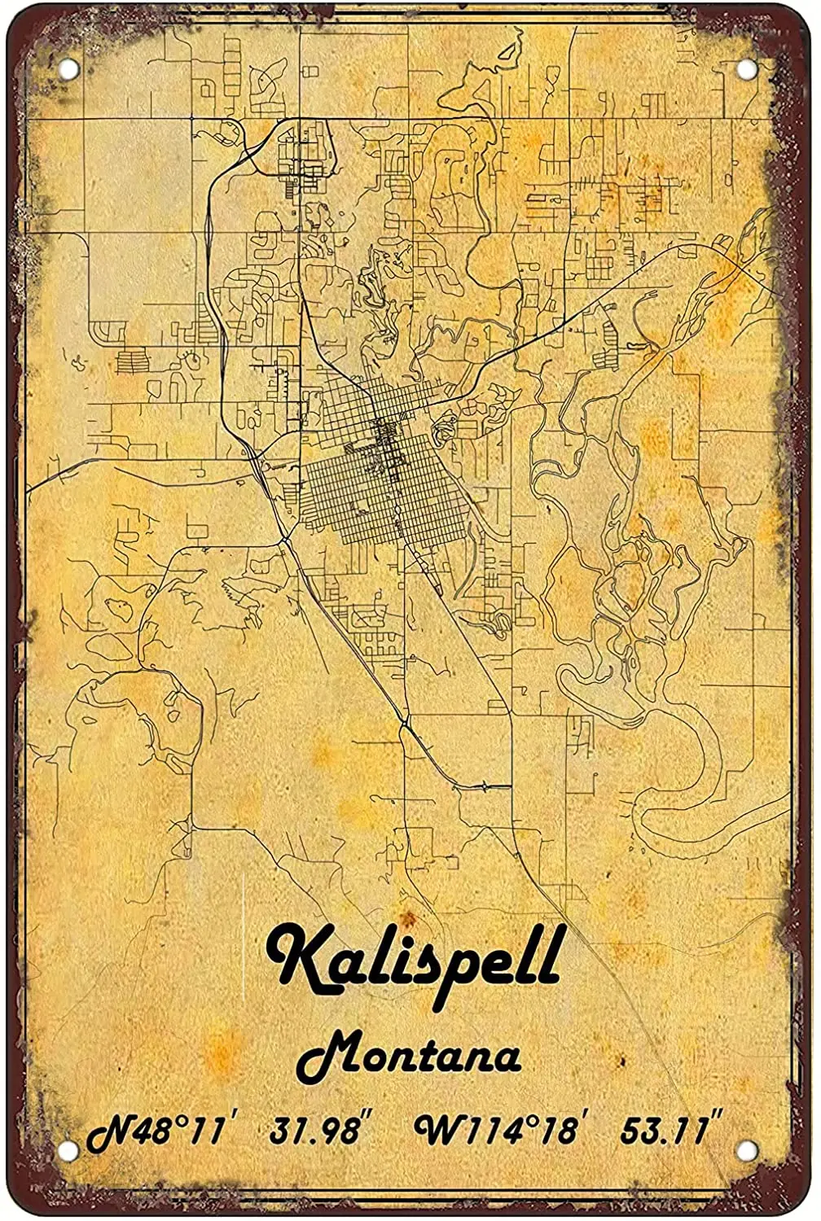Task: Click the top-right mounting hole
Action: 744,69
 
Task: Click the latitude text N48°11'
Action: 155,1131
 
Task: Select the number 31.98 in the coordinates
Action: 315,1131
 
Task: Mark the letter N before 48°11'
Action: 107,1133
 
